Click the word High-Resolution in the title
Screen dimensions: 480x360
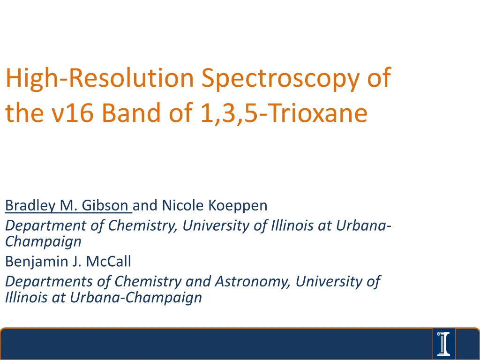pos(100,78)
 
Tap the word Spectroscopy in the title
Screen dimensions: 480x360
pos(280,79)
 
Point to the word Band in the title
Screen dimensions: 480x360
pos(131,112)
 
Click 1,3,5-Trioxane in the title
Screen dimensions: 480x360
pos(284,113)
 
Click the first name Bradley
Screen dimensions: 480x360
pos(30,205)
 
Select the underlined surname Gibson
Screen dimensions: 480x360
pos(105,205)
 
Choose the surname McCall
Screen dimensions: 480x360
pos(108,262)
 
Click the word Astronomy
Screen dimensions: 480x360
pos(252,282)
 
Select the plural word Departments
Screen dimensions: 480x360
pos(49,282)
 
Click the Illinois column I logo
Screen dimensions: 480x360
pos(443,344)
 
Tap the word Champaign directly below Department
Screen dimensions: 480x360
pos(43,241)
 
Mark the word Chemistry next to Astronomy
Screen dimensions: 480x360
pos(148,282)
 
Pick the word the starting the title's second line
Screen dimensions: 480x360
pos(24,112)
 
